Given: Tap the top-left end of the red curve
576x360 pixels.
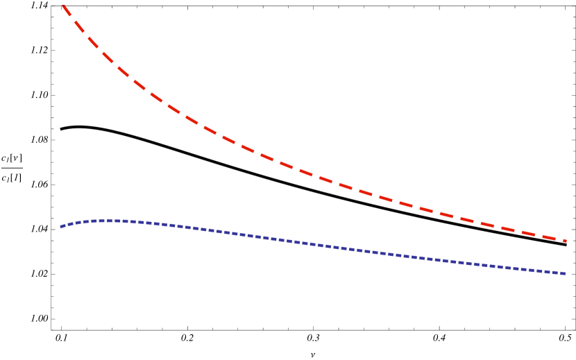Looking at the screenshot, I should click(63, 6).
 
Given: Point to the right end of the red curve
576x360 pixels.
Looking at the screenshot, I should click(567, 241).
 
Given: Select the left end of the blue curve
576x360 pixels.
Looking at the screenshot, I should click(61, 227).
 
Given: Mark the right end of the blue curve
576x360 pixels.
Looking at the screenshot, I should click(566, 274).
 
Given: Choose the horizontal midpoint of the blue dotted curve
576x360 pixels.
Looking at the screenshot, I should click(314, 244).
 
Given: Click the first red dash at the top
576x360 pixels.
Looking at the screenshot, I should click(67, 10).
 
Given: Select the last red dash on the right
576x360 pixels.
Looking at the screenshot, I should click(559, 239).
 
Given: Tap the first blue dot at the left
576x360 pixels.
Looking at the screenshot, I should click(62, 226).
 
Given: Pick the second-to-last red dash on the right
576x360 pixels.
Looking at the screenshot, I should click(530, 232).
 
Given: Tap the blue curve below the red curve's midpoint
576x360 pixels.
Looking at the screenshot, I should click(315, 244).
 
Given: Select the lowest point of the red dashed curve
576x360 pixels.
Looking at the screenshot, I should click(567, 241).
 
